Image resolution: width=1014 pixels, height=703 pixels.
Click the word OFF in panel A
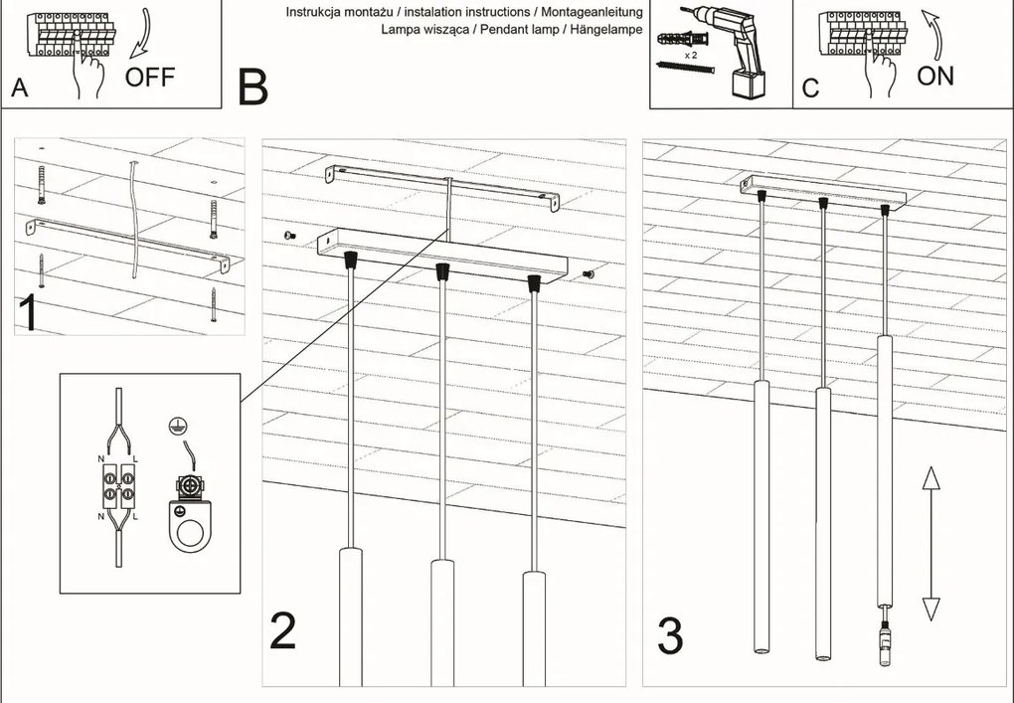(x=149, y=77)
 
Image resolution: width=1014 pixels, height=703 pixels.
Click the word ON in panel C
(x=934, y=77)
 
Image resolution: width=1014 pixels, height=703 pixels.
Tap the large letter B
(x=253, y=88)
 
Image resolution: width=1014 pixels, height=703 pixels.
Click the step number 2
(x=282, y=631)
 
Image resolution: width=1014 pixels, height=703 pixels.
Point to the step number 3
(x=670, y=636)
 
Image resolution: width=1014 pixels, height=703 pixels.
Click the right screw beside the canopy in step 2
(x=587, y=272)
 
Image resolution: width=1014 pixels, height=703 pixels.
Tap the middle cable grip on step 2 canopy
(x=440, y=271)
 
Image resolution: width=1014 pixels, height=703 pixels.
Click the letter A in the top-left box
(x=19, y=88)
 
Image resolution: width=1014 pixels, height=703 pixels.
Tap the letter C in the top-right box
(x=810, y=88)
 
